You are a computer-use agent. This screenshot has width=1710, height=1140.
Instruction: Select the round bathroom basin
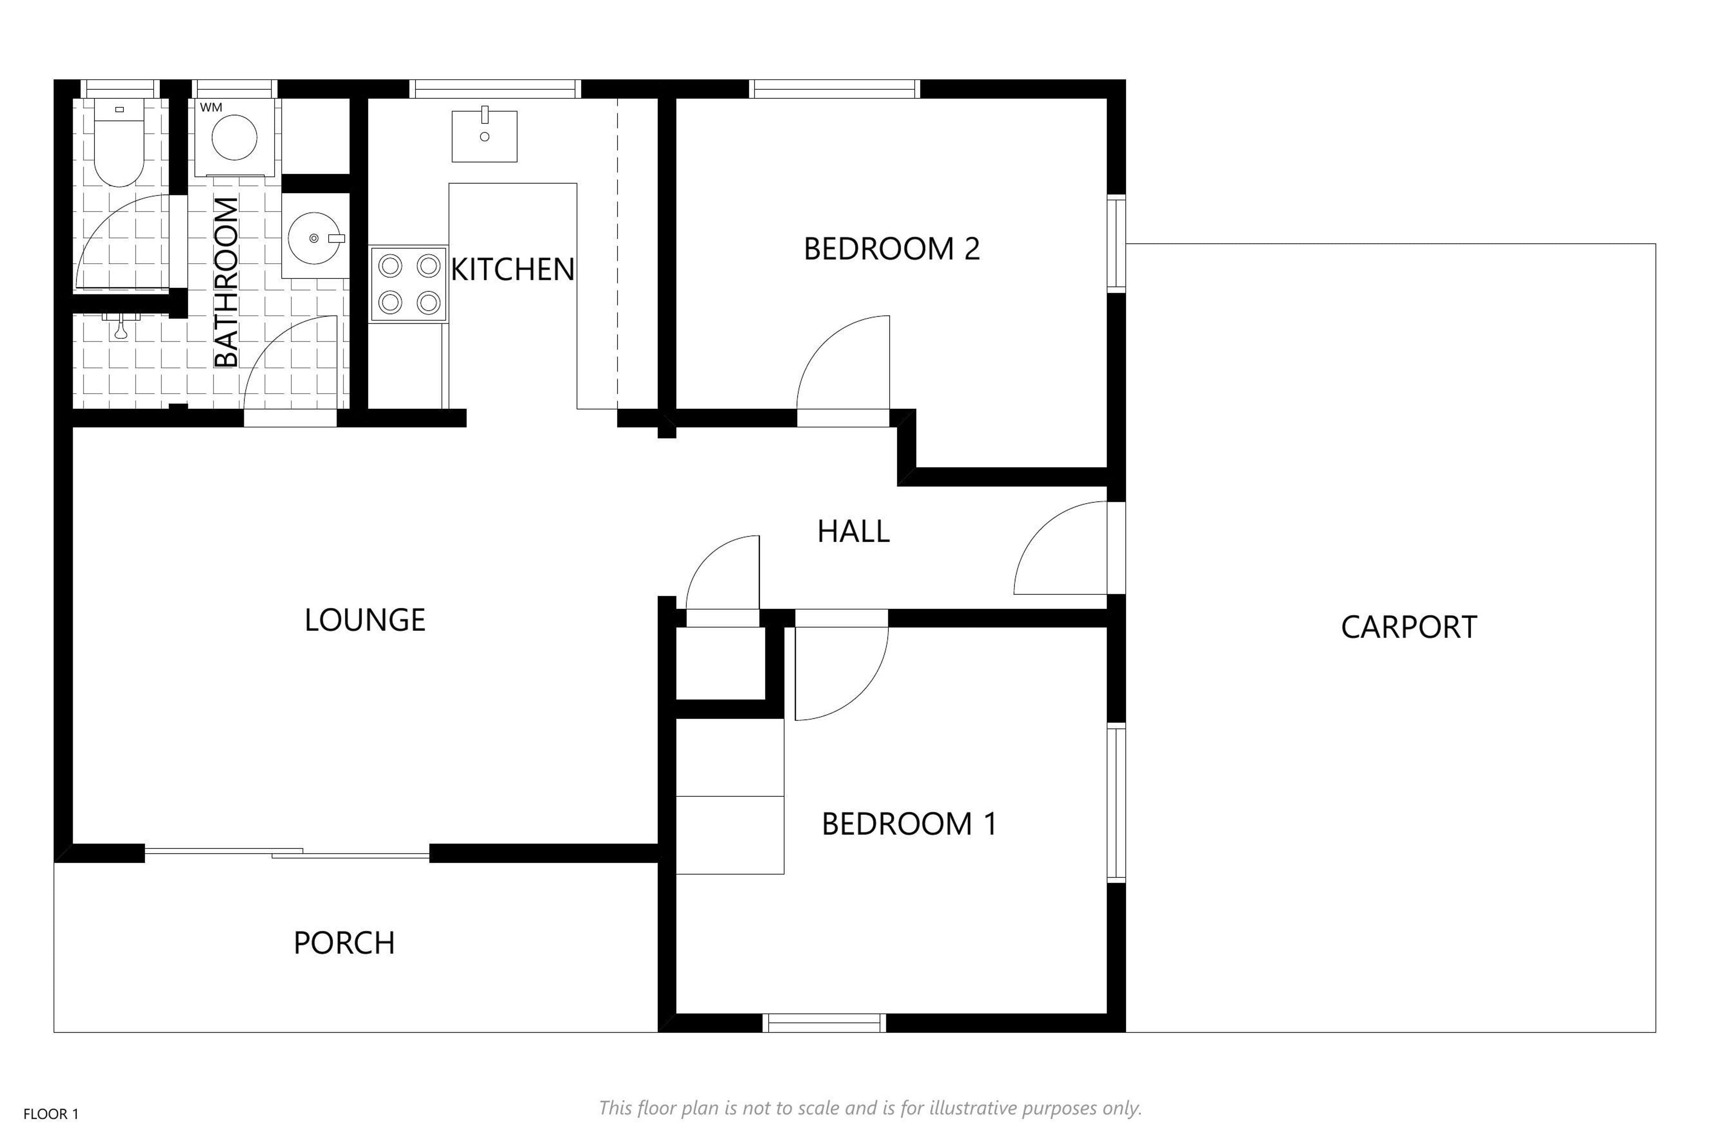click(315, 238)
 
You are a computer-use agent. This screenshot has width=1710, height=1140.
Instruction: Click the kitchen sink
click(484, 135)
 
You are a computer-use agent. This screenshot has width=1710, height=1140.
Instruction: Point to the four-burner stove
click(409, 284)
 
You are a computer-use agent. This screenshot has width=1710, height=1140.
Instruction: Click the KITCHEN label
click(513, 270)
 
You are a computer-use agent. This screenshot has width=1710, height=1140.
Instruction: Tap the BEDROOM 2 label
click(892, 248)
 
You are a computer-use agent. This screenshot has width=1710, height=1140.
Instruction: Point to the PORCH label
click(344, 943)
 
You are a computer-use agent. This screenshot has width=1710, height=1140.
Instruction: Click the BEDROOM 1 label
click(909, 824)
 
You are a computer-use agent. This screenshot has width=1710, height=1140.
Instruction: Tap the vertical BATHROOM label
click(226, 282)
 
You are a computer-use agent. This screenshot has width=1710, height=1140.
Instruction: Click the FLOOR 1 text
click(51, 1114)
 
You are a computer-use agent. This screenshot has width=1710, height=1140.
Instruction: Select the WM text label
click(211, 108)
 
